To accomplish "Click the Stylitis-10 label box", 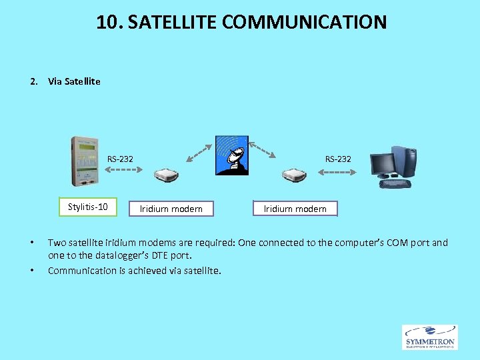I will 87,207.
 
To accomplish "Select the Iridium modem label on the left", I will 171,209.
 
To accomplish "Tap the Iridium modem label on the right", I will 295,209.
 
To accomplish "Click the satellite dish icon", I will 232,155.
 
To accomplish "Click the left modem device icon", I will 167,175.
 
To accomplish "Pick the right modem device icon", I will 293,175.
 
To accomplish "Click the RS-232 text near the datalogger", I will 120,159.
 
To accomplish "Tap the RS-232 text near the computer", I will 338,159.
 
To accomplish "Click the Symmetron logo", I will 430,337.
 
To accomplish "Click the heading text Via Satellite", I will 74,81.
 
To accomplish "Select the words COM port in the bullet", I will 408,243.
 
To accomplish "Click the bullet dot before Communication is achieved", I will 32,271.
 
